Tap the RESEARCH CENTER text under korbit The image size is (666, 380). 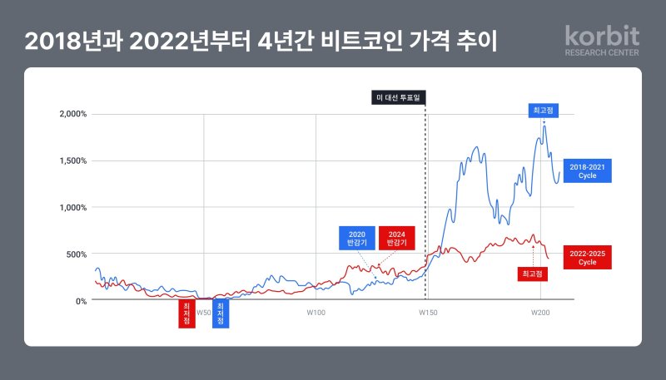click(x=602, y=52)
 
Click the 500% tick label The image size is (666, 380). click(x=74, y=254)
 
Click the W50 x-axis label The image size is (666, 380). click(x=203, y=313)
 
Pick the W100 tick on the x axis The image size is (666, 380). click(x=315, y=313)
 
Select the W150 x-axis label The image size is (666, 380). click(x=426, y=313)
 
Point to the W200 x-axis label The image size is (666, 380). click(x=540, y=313)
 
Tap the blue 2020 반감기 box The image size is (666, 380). click(x=355, y=238)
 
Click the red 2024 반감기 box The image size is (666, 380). click(x=396, y=238)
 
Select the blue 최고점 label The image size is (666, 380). click(x=545, y=111)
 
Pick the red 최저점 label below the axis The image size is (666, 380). click(x=186, y=313)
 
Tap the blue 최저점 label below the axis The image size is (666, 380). click(x=220, y=313)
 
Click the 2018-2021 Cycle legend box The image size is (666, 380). click(x=587, y=171)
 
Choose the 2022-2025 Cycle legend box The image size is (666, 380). click(x=587, y=256)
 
